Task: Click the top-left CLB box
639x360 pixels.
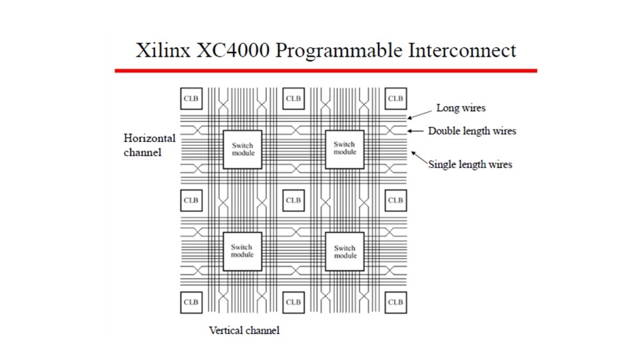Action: (x=191, y=99)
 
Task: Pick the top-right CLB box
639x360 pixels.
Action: (x=395, y=99)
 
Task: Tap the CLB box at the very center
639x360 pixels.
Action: (x=293, y=200)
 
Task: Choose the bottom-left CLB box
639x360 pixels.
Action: (x=191, y=302)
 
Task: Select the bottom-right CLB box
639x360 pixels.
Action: (x=395, y=302)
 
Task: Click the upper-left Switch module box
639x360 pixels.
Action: (x=242, y=149)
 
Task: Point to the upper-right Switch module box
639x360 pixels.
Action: (x=345, y=148)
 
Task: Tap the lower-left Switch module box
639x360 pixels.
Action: (x=242, y=251)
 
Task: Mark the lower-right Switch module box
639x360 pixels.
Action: (x=345, y=251)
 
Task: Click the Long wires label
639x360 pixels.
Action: (x=461, y=108)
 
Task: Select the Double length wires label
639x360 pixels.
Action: (x=472, y=131)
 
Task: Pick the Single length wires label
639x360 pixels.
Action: (x=470, y=164)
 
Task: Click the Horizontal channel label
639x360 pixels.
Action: (x=150, y=145)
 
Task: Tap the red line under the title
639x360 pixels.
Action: (x=325, y=70)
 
